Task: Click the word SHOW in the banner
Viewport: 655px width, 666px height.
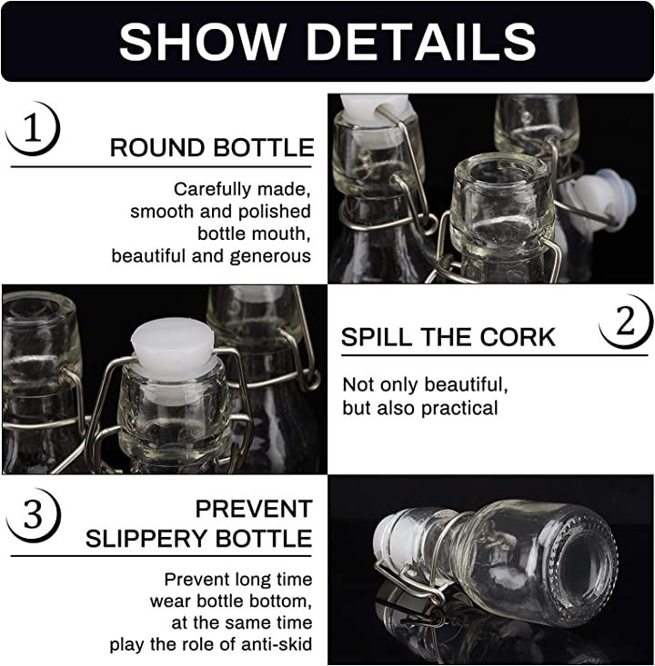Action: click(x=202, y=41)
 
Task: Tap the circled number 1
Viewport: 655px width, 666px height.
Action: click(x=33, y=128)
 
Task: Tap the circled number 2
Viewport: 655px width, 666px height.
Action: click(x=625, y=322)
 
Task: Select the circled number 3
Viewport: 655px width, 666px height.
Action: click(x=33, y=515)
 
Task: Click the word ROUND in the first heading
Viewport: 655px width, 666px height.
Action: click(x=157, y=148)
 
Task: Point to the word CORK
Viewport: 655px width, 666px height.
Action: click(x=518, y=337)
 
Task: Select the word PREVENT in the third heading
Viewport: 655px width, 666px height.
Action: click(x=254, y=509)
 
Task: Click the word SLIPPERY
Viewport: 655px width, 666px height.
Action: click(x=147, y=539)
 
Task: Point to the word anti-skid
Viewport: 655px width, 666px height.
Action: click(x=277, y=644)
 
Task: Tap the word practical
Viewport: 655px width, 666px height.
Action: click(x=459, y=409)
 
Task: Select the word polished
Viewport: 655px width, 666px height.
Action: click(x=275, y=212)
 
